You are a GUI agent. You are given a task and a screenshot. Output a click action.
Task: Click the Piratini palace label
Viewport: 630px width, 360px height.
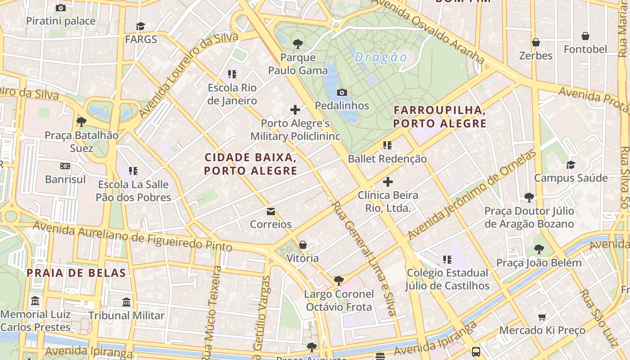click(61, 21)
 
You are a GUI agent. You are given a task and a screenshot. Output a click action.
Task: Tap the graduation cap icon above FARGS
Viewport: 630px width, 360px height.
click(141, 27)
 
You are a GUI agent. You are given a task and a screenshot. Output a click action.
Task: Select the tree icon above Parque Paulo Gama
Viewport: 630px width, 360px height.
click(297, 44)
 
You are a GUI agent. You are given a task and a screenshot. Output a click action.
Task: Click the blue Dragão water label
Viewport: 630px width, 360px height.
click(381, 57)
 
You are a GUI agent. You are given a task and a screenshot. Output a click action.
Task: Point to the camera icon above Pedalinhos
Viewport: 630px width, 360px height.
click(342, 93)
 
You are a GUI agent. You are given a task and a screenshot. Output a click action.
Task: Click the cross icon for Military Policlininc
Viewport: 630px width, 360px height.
click(295, 110)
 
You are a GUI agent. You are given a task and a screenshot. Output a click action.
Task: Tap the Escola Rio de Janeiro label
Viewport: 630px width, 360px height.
click(232, 94)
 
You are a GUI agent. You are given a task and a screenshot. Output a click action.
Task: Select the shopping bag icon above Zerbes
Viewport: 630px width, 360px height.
click(536, 43)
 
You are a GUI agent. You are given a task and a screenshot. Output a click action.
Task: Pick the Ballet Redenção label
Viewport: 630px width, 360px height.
click(387, 158)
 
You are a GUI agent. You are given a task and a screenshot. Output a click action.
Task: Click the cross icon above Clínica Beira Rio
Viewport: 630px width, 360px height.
click(388, 182)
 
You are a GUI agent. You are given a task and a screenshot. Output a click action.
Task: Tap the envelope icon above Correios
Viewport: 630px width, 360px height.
click(271, 211)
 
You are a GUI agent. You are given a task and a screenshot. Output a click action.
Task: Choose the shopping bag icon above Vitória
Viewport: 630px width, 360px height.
click(303, 245)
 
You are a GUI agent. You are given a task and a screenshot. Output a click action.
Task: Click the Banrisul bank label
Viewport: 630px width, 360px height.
click(65, 180)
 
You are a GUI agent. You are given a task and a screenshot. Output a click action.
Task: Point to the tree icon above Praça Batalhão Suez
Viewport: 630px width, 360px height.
click(81, 121)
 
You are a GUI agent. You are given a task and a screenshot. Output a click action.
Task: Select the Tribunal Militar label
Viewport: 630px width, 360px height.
click(126, 315)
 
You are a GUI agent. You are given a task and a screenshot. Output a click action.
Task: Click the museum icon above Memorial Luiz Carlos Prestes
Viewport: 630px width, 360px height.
click(36, 301)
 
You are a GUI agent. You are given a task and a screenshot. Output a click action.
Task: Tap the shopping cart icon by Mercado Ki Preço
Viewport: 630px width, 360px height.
click(542, 317)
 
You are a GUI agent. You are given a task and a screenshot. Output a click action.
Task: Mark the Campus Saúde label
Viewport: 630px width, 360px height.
click(571, 178)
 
